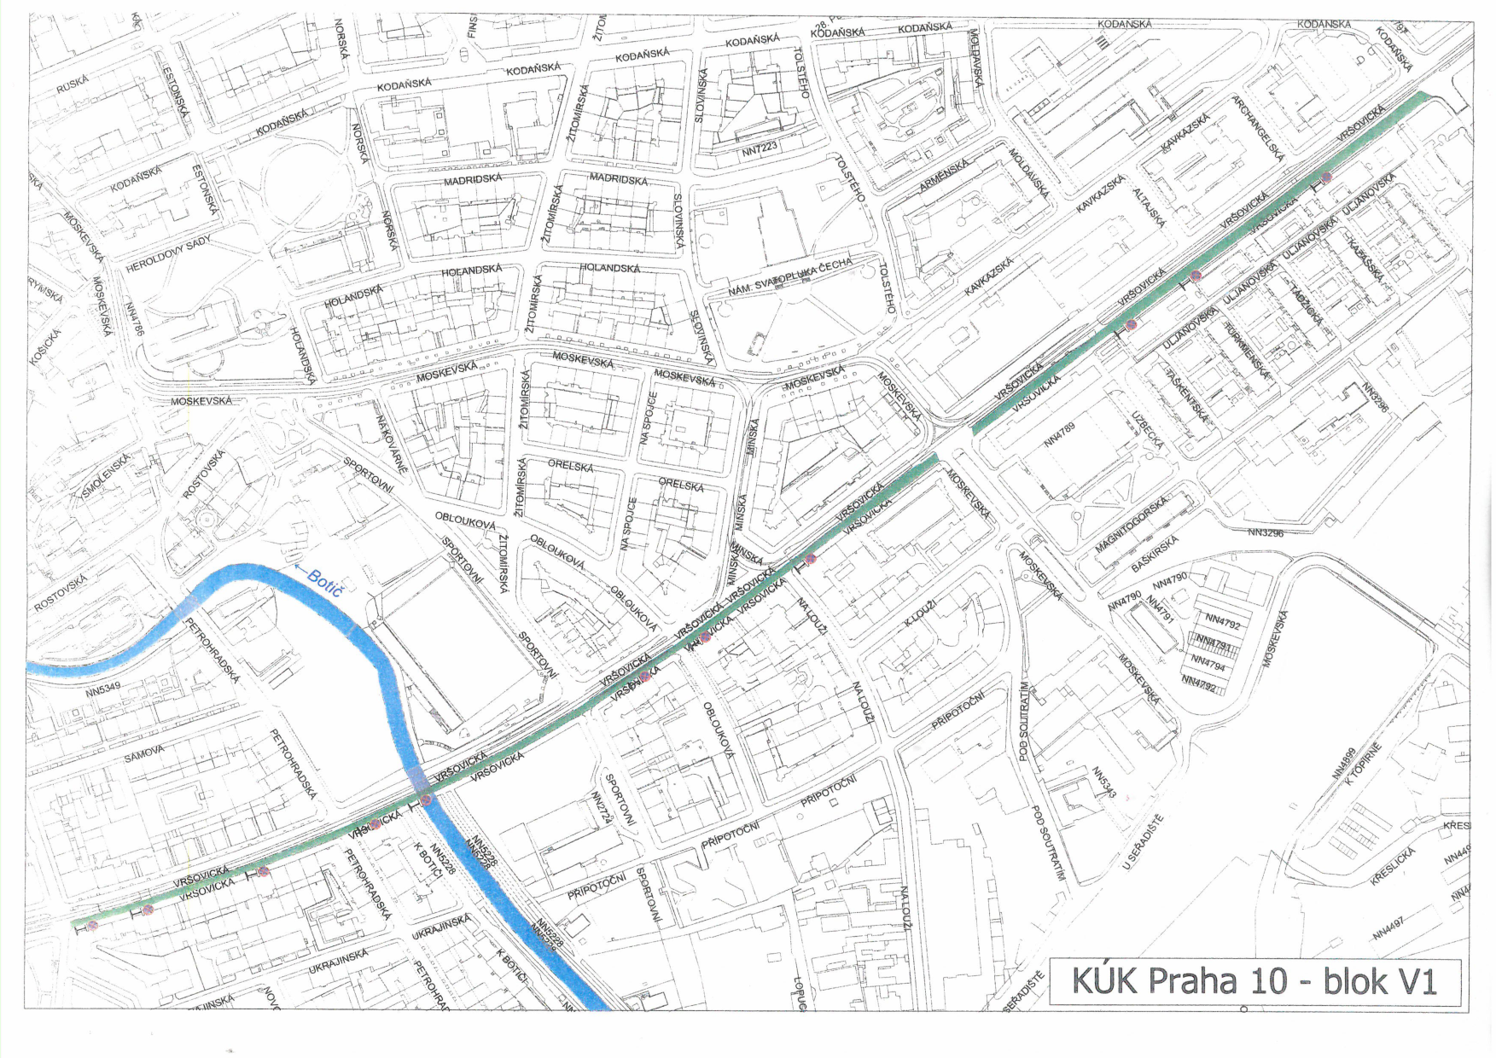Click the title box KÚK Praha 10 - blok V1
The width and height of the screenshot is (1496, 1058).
pos(1254,982)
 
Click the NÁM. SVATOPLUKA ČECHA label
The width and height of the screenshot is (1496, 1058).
pos(789,278)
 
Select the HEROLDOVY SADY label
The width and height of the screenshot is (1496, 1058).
pos(168,255)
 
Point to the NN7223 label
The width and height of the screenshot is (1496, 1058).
pos(760,148)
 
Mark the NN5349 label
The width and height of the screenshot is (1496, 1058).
pos(103,689)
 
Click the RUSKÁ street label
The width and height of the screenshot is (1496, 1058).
pos(73,84)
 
